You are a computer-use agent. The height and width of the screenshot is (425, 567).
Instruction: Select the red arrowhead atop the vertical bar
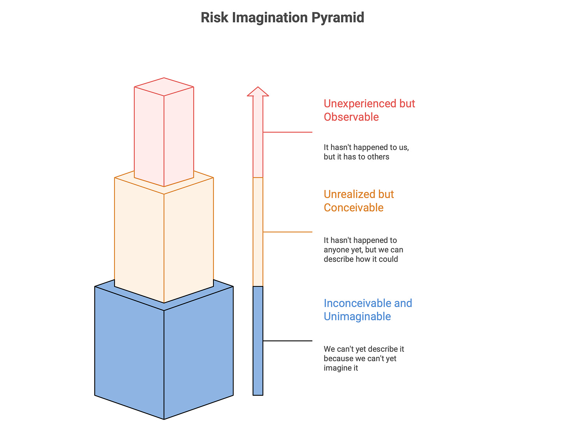point(258,92)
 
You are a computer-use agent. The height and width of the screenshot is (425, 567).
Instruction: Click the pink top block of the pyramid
point(164,132)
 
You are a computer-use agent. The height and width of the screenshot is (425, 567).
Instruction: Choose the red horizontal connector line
point(288,132)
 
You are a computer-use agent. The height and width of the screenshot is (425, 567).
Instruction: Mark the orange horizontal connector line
point(288,232)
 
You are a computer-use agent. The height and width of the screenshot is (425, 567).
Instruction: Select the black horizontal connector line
point(288,341)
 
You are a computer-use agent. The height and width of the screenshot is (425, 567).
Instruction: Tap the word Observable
point(351,117)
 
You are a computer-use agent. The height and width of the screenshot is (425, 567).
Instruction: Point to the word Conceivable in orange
point(354,207)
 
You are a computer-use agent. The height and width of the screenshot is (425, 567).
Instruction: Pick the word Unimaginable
point(357,316)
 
